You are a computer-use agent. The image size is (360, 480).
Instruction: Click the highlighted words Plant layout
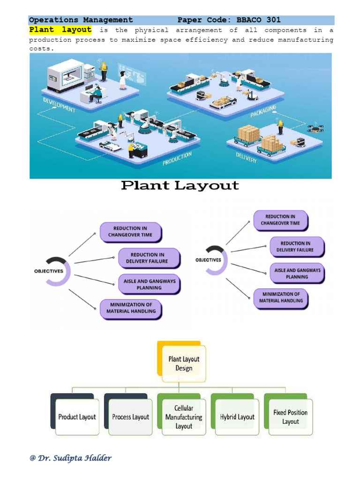click(60, 30)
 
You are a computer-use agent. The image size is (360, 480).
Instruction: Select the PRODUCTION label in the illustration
click(177, 158)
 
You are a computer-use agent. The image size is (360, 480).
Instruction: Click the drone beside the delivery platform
click(315, 128)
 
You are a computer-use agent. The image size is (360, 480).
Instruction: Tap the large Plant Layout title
click(180, 186)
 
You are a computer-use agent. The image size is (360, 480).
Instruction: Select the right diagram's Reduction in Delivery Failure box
click(296, 247)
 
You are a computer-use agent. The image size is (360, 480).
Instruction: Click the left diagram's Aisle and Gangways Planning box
click(149, 285)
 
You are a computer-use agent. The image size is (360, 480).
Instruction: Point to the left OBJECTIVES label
click(49, 271)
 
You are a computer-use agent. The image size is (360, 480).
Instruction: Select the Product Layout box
click(77, 417)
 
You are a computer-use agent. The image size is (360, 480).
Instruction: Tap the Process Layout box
click(130, 417)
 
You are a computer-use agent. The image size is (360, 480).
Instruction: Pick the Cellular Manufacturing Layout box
click(184, 417)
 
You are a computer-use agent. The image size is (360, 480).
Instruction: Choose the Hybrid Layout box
click(237, 417)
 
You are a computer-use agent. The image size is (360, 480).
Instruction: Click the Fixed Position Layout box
click(290, 417)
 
